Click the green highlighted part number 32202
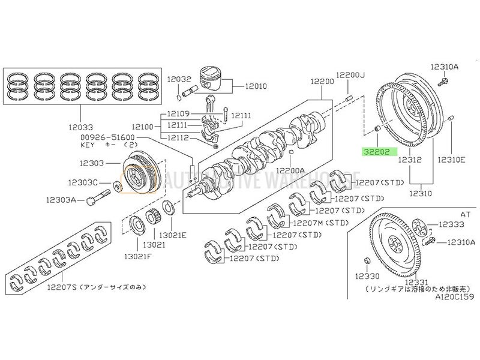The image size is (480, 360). (376, 152)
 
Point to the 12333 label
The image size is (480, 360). (451, 224)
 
